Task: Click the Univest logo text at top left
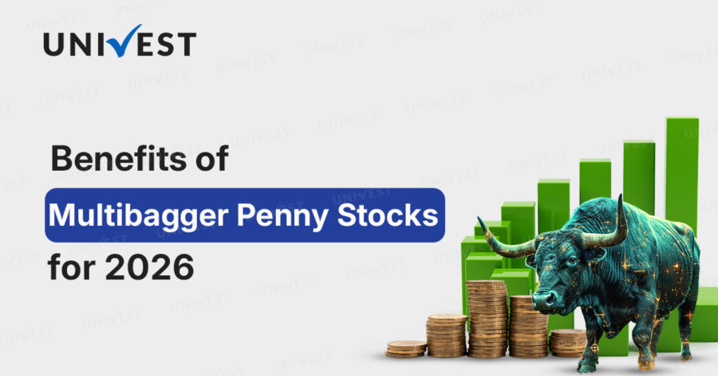[119, 43]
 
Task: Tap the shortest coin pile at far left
[406, 348]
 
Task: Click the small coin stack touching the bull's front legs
[567, 342]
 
